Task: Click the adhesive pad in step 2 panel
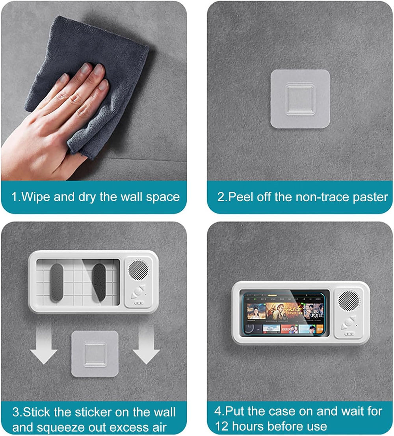click(x=300, y=99)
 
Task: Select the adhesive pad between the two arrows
click(x=95, y=353)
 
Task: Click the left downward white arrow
click(x=44, y=346)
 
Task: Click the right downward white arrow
click(x=146, y=346)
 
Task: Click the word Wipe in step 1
click(x=36, y=197)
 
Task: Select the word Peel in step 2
click(x=241, y=197)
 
